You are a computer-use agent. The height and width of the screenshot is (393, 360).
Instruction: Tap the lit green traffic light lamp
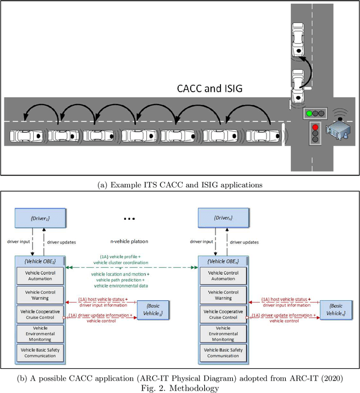pyautogui.click(x=309, y=113)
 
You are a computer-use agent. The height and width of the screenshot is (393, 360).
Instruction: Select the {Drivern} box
pyautogui.click(x=223, y=216)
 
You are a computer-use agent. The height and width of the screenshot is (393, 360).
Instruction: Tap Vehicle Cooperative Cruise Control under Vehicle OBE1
pyautogui.click(x=40, y=314)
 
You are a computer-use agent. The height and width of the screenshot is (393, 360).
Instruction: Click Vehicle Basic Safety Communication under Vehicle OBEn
pyautogui.click(x=223, y=352)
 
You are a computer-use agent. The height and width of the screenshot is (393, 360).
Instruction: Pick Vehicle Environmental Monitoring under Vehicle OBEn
pyautogui.click(x=223, y=333)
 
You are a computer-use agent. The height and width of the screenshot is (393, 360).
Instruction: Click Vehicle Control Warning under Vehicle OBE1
pyautogui.click(x=40, y=295)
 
